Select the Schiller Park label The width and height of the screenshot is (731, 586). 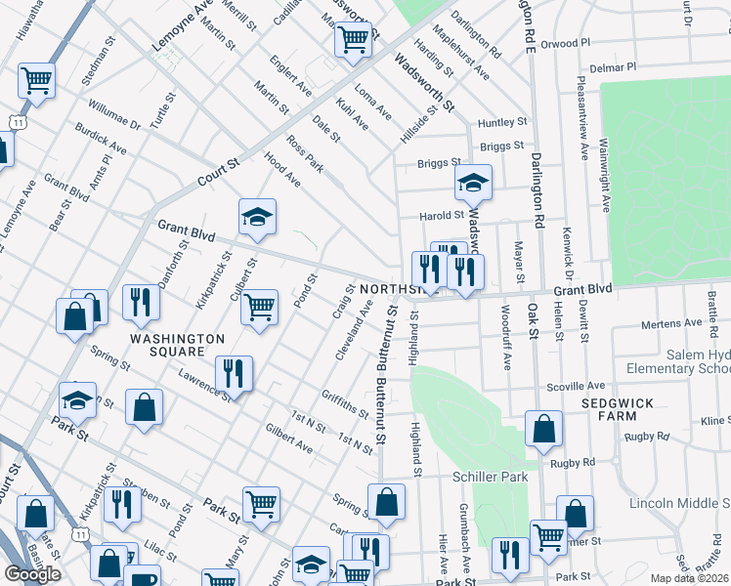(490, 476)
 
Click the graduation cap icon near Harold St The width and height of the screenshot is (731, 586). (473, 183)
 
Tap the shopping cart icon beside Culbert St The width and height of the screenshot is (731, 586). (260, 307)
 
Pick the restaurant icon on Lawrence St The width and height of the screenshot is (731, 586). (235, 373)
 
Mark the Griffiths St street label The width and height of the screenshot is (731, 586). (343, 402)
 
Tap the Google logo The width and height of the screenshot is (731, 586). (33, 574)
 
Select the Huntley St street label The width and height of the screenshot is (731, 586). (502, 123)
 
